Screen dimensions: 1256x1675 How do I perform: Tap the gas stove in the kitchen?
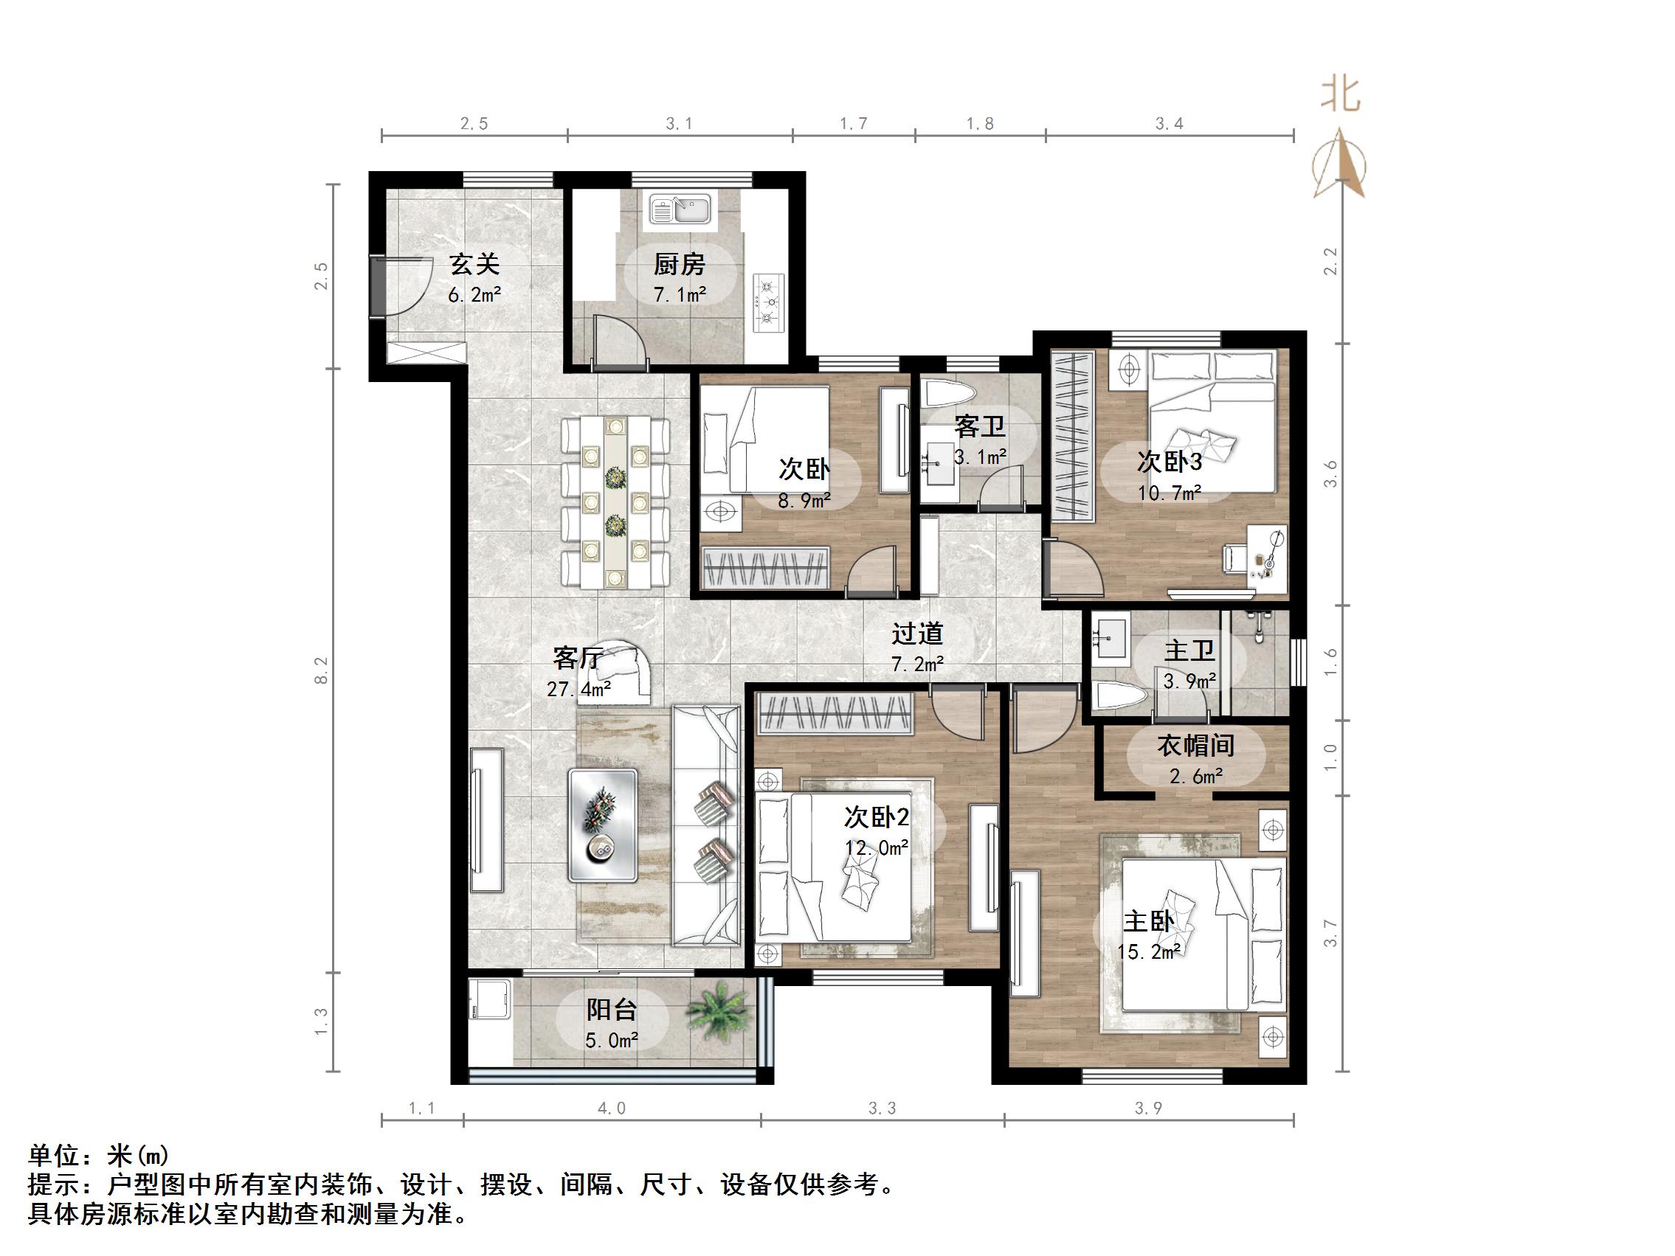point(769,304)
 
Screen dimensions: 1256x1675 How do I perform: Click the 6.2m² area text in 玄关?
point(474,295)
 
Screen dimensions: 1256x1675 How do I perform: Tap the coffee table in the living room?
point(603,825)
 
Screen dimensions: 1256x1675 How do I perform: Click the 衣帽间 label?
point(1195,746)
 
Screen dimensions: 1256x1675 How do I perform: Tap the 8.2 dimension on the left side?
point(322,670)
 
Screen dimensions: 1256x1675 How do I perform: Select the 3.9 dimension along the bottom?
point(1148,1108)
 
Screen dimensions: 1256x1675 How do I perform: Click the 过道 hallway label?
point(917,633)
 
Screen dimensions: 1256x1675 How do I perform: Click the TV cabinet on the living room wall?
point(486,820)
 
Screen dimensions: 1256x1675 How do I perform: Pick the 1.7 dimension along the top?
point(854,123)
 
